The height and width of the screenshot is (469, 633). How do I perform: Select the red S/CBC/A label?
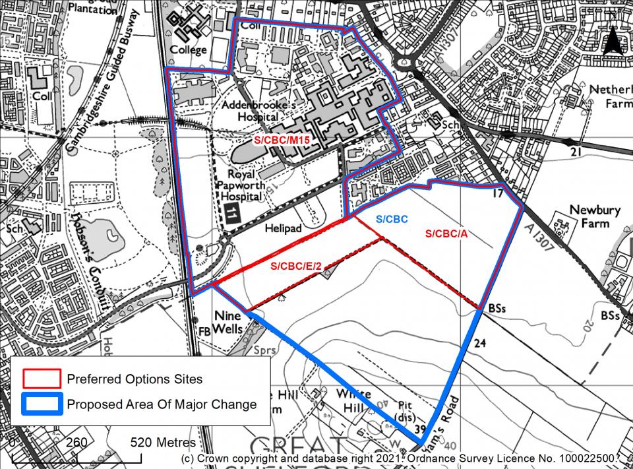point(446,234)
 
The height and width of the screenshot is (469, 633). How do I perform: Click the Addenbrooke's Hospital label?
point(253,111)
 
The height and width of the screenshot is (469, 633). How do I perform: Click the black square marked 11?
point(232,213)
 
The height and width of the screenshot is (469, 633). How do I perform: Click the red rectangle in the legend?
point(42,379)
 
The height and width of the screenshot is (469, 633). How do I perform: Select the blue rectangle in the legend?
point(42,404)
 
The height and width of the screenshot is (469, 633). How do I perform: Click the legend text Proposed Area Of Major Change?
point(162,404)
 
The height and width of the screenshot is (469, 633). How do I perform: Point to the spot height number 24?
point(480,343)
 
